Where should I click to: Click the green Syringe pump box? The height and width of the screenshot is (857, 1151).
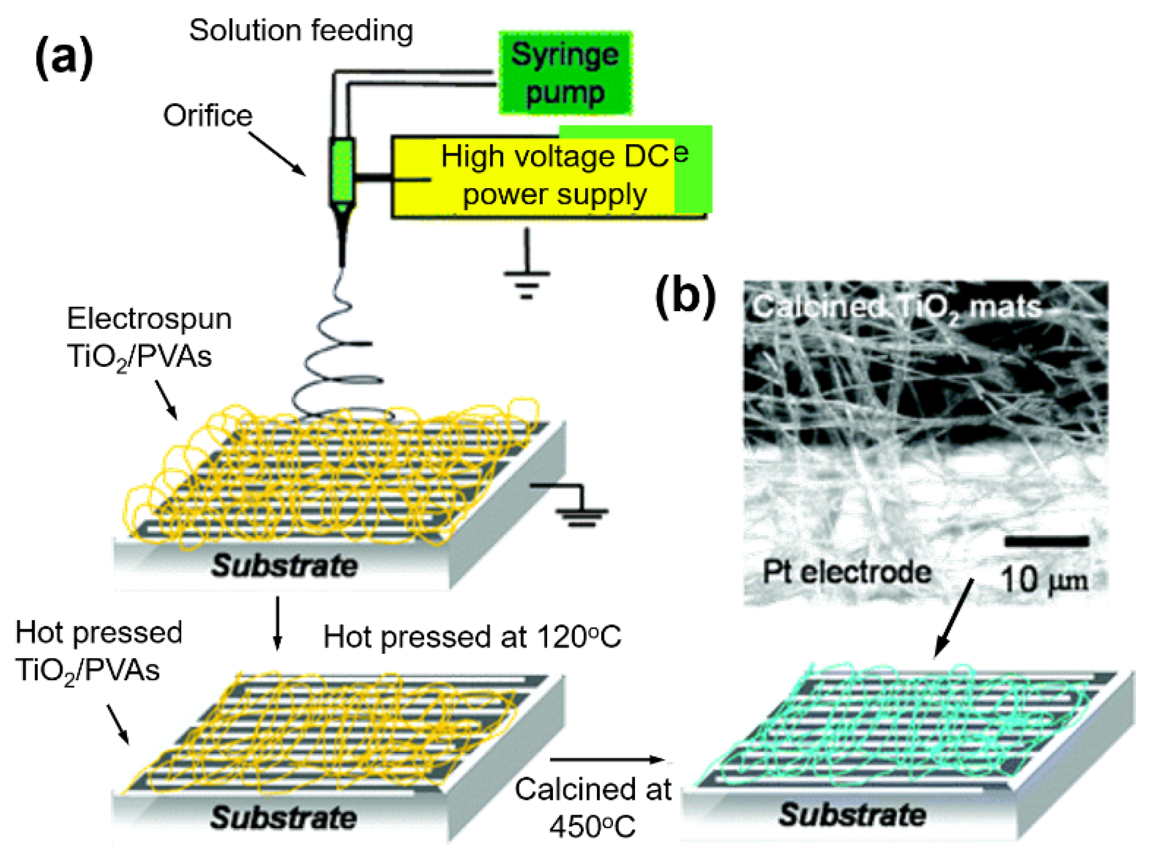[x=565, y=73]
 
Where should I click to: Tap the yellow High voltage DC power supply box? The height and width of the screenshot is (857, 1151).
[x=547, y=176]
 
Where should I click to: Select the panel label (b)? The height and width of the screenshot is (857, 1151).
[x=685, y=297]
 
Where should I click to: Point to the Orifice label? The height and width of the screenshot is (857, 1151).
[x=208, y=115]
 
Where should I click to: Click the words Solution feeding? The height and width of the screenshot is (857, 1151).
[x=301, y=31]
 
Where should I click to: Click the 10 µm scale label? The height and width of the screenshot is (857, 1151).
[x=1044, y=580]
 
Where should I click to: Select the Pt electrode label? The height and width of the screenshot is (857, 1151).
[x=846, y=572]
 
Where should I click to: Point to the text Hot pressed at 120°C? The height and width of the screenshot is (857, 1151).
[x=472, y=637]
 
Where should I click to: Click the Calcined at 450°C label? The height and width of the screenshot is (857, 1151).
[x=593, y=807]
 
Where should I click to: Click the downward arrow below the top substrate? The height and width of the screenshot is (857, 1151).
[x=277, y=622]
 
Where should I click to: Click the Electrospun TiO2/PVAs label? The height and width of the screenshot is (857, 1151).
[x=149, y=337]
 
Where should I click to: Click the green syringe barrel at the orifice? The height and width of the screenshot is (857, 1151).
[x=342, y=172]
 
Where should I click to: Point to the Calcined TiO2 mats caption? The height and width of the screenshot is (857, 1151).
[x=896, y=308]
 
